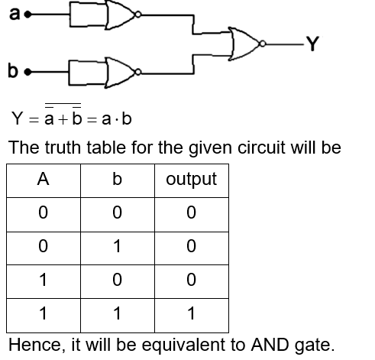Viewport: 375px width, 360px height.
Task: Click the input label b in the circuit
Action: (13, 73)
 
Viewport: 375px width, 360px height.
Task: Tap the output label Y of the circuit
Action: (312, 43)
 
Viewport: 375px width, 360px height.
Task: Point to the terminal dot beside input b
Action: (27, 73)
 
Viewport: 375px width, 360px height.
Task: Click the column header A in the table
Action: (43, 180)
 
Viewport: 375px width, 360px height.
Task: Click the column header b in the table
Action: (117, 180)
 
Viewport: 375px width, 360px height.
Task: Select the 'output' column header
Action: (191, 180)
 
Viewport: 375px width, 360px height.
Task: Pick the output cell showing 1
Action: (191, 313)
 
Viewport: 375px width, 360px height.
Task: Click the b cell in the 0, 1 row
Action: (117, 246)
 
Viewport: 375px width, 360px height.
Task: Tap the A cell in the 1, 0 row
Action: (43, 280)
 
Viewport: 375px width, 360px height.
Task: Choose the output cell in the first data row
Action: (191, 213)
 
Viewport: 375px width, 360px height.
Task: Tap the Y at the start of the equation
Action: (17, 121)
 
